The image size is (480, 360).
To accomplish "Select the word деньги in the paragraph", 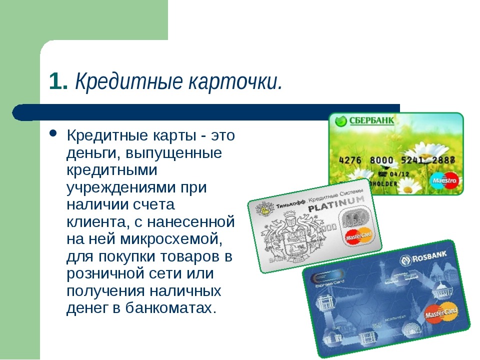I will pos(89,152).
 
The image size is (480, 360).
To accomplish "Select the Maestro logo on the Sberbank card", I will pos(444,179).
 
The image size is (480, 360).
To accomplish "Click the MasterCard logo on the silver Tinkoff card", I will pos(356,235).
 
